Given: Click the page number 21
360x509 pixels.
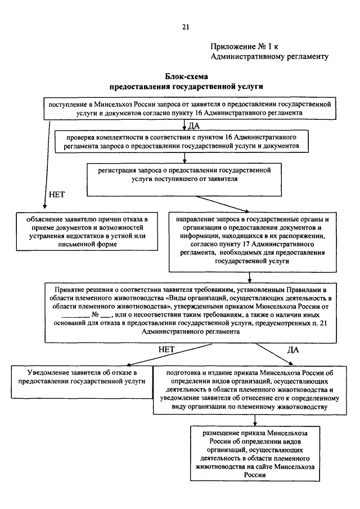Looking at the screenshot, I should (x=186, y=26).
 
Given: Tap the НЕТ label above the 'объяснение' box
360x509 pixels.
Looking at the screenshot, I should (x=57, y=195).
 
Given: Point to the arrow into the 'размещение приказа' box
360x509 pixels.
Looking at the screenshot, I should (x=255, y=420).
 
